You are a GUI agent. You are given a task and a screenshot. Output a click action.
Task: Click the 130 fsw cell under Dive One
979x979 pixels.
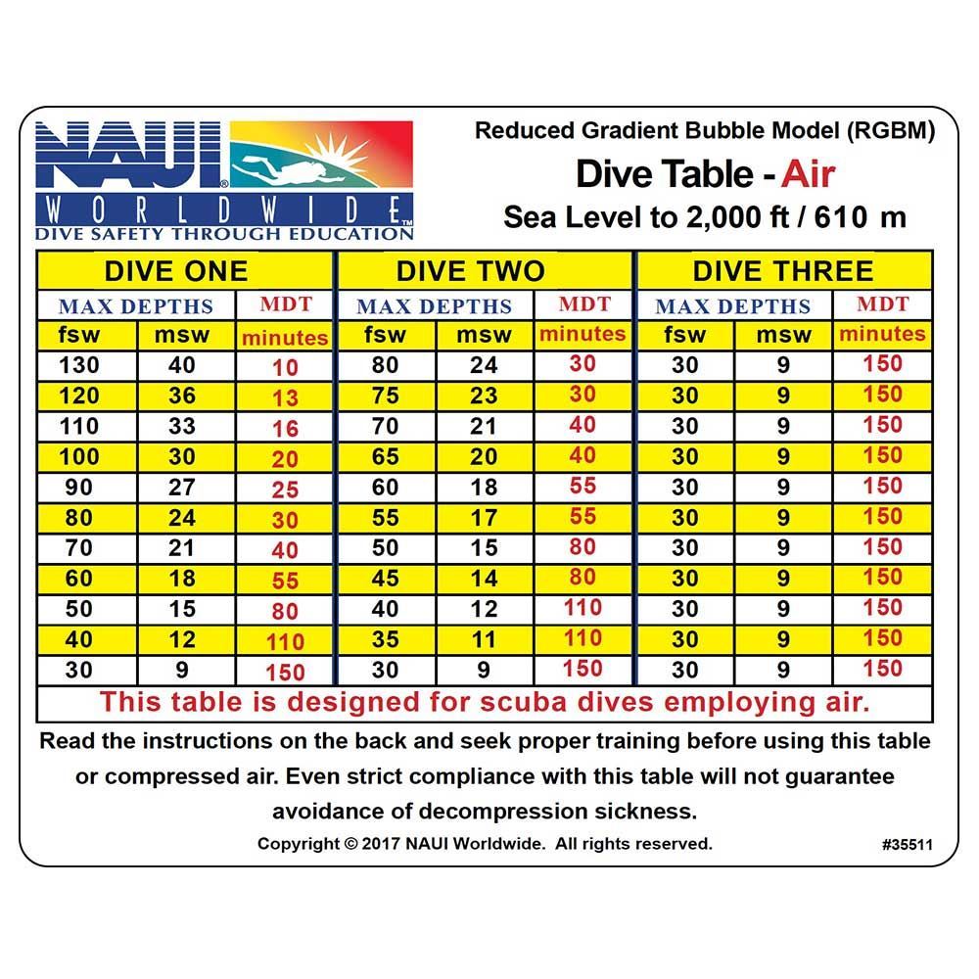tap(79, 366)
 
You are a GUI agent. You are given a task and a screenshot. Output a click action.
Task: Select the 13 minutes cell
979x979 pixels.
tap(285, 398)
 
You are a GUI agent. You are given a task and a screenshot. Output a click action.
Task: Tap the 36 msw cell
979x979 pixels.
tap(182, 396)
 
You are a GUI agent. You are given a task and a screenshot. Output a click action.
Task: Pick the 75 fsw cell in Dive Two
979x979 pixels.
tap(385, 396)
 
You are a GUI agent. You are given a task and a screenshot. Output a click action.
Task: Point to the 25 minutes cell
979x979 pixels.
tap(285, 489)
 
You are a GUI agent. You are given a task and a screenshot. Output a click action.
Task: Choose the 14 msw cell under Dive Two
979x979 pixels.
tap(483, 579)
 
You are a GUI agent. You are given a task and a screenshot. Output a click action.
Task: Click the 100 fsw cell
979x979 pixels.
tap(79, 457)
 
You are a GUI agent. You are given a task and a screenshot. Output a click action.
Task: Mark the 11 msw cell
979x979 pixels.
tap(483, 639)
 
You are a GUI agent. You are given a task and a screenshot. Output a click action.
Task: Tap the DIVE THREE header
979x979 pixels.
tap(783, 271)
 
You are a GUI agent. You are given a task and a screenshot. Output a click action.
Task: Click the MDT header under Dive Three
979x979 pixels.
tap(883, 304)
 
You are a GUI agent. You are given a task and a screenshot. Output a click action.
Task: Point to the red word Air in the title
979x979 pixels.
tap(808, 174)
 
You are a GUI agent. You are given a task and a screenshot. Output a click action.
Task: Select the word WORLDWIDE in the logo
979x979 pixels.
tap(224, 209)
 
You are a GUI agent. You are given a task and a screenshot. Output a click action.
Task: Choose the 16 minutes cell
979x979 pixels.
tap(285, 429)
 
